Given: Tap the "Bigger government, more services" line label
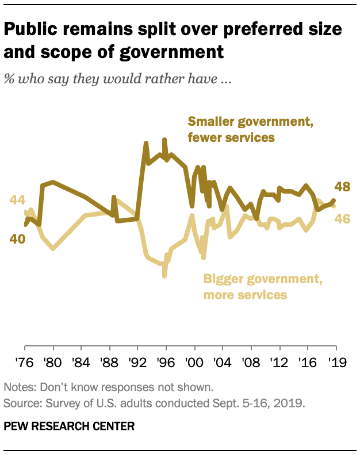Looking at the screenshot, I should pos(262,287).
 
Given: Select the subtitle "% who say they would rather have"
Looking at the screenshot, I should pos(117,79).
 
